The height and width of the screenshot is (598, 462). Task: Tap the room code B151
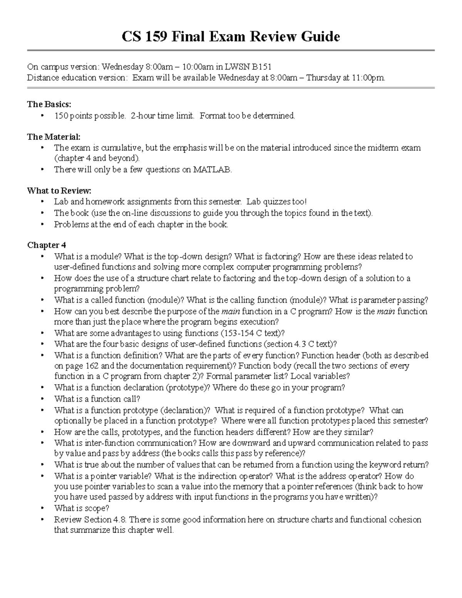pyautogui.click(x=262, y=67)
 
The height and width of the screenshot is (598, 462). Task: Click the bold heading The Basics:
pyautogui.click(x=49, y=104)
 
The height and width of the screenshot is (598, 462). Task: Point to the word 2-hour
pyautogui.click(x=142, y=116)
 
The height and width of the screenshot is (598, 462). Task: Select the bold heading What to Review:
pyautogui.click(x=59, y=191)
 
